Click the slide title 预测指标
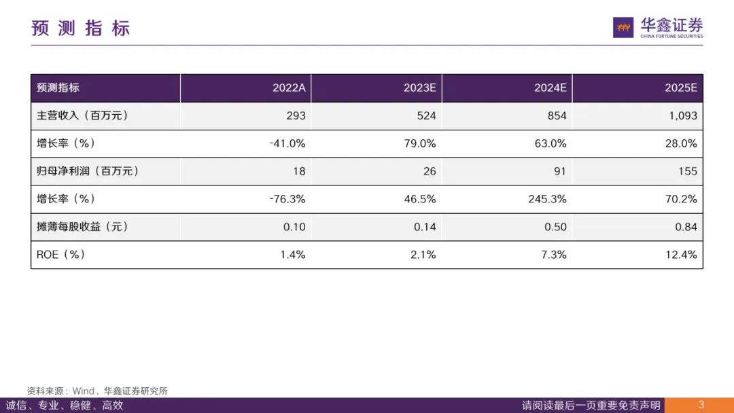[80, 28]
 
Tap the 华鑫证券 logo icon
[623, 27]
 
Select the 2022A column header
[289, 88]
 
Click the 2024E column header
[550, 88]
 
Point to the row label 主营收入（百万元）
[82, 115]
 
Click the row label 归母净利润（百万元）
[88, 171]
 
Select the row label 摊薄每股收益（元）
[82, 227]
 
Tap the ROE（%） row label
[61, 255]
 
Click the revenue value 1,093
[683, 115]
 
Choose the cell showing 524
[426, 115]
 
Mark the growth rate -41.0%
[287, 143]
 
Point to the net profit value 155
[687, 171]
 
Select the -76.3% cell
[287, 199]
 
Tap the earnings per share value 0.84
[686, 227]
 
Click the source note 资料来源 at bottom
[97, 391]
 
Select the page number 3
[701, 406]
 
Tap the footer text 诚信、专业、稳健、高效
[65, 406]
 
